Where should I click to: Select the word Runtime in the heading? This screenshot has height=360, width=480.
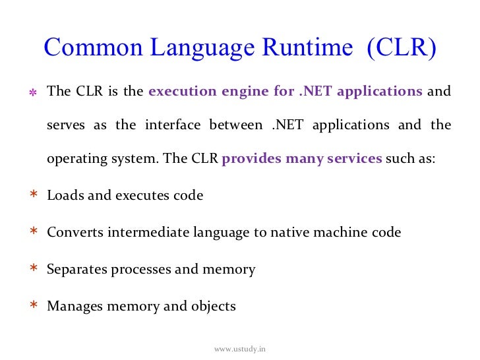tap(305, 48)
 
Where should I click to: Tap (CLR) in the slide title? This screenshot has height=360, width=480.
tap(402, 48)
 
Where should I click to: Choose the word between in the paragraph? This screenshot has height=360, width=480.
tap(235, 125)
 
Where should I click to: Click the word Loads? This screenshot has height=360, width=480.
tap(63, 196)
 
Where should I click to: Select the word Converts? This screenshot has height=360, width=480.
tap(74, 233)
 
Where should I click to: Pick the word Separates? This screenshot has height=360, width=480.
tap(76, 270)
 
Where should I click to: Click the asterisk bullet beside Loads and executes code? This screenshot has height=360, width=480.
tap(32, 196)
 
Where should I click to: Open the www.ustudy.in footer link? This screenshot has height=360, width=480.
tap(239, 347)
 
